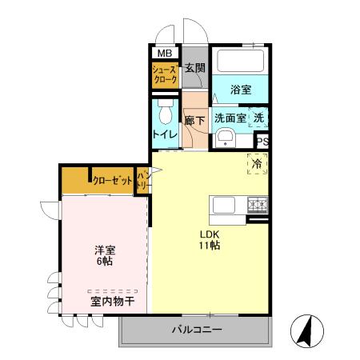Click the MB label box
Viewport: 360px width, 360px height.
(x=164, y=54)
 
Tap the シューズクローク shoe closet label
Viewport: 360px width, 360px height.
(x=165, y=76)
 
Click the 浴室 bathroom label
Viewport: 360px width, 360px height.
(x=241, y=90)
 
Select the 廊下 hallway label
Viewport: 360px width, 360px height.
(x=194, y=121)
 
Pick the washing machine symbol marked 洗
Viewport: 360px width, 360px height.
(x=258, y=118)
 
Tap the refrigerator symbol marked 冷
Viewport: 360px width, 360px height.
(x=258, y=163)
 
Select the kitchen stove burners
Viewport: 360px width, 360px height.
(x=257, y=204)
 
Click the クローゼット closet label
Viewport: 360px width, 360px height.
(x=111, y=181)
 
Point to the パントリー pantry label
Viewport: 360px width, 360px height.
(x=143, y=181)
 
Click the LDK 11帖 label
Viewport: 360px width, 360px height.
(x=210, y=241)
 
